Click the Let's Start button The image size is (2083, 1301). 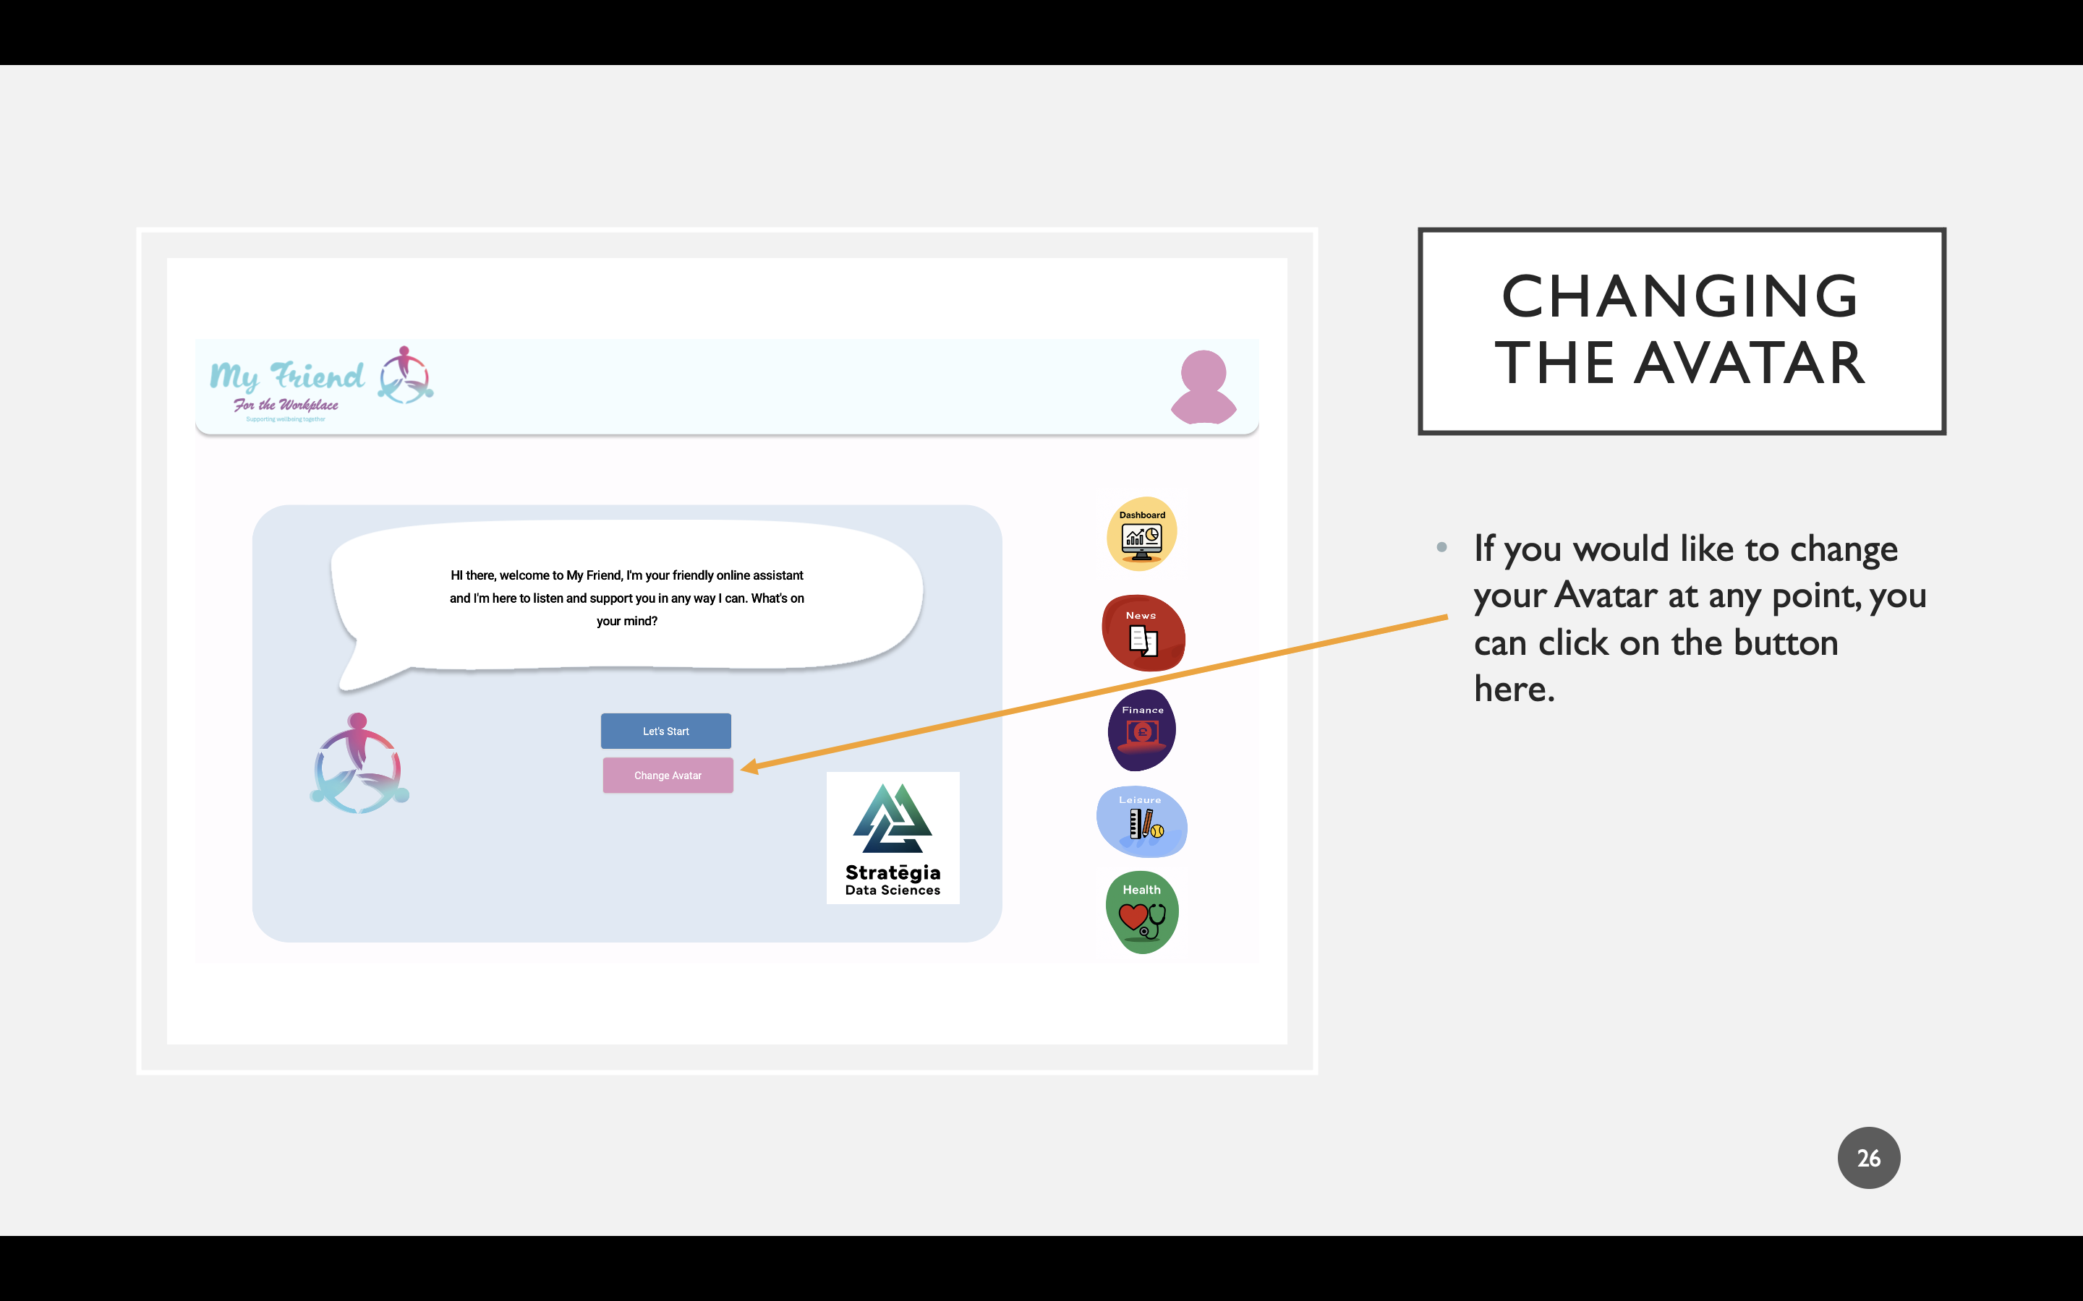pyautogui.click(x=665, y=731)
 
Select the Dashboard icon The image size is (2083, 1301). pyautogui.click(x=1141, y=534)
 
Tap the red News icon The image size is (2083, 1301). pyautogui.click(x=1143, y=633)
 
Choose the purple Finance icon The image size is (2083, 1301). pyautogui.click(x=1141, y=731)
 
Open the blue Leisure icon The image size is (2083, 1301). pyautogui.click(x=1141, y=822)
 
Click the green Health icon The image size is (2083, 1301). pyautogui.click(x=1141, y=912)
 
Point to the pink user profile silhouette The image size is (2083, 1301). pyautogui.click(x=1204, y=388)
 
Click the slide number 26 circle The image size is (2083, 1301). pyautogui.click(x=1867, y=1158)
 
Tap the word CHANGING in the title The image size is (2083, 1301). pyautogui.click(x=1679, y=297)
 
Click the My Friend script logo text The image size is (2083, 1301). pyautogui.click(x=286, y=377)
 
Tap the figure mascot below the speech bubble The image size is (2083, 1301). pyautogui.click(x=359, y=764)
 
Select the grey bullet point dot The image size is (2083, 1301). pyautogui.click(x=1441, y=547)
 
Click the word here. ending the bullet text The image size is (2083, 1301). pyautogui.click(x=1514, y=690)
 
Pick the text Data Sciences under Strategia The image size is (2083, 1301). pyautogui.click(x=893, y=890)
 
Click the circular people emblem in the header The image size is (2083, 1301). pyautogui.click(x=406, y=375)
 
